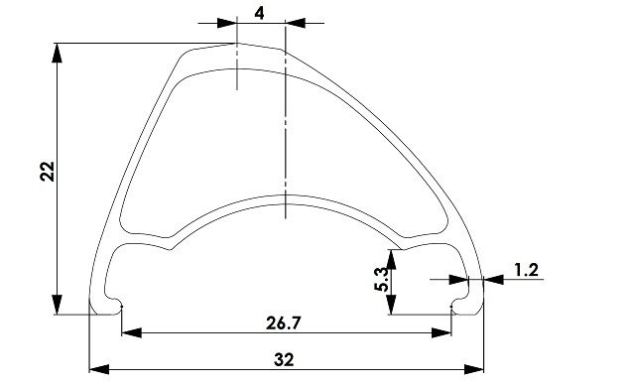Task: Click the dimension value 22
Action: (48, 172)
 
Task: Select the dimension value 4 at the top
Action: (260, 14)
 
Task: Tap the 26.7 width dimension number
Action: (283, 323)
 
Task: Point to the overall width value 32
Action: (284, 359)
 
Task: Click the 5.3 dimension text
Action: (381, 279)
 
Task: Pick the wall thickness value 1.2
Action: (526, 270)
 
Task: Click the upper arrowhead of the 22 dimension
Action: (58, 53)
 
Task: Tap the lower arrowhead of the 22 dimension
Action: (58, 305)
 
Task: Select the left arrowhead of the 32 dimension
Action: (99, 369)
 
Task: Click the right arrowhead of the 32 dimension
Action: (473, 369)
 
